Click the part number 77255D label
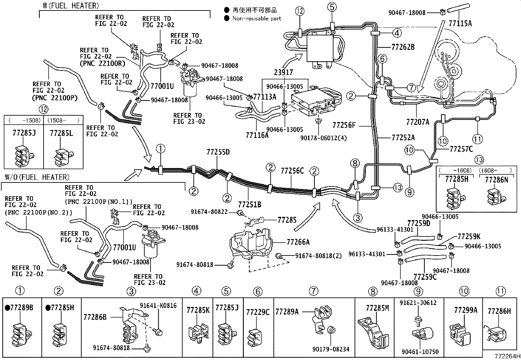(218, 152)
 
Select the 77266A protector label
(298, 242)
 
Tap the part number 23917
(283, 72)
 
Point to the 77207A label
(417, 122)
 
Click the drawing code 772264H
(507, 356)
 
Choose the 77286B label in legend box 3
(95, 317)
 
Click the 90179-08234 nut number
(331, 350)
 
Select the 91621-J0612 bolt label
(418, 303)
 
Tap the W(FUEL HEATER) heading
(70, 6)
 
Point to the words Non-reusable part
(257, 18)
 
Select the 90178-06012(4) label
(318, 138)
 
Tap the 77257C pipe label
(461, 149)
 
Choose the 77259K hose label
(469, 237)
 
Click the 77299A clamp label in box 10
(465, 310)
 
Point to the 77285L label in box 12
(61, 133)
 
